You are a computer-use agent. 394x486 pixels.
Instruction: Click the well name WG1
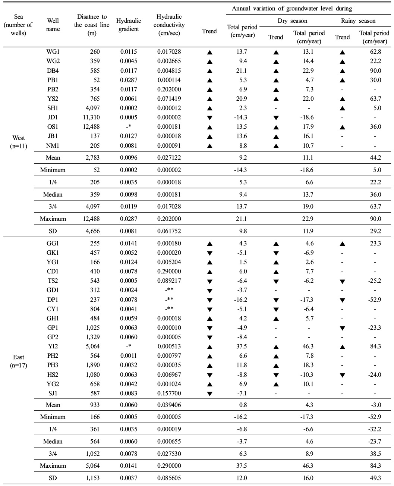point(53,52)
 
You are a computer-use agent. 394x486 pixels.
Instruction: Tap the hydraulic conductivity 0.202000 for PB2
point(169,90)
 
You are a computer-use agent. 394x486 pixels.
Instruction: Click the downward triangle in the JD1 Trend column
point(209,118)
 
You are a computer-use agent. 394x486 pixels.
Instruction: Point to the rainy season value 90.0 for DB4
point(374,71)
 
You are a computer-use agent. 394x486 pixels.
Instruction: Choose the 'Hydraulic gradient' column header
point(129,25)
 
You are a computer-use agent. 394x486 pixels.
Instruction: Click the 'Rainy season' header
point(358,21)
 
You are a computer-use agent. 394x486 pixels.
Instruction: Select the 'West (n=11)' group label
point(19,142)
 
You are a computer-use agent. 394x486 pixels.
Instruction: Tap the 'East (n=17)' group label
point(19,361)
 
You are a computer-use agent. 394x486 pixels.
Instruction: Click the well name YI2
point(53,347)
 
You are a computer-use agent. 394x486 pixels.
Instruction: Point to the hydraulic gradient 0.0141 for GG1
point(129,244)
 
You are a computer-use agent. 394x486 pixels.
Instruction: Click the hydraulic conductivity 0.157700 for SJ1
point(169,393)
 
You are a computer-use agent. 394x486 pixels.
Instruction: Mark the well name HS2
point(53,374)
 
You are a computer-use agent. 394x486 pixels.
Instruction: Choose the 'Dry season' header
point(292,21)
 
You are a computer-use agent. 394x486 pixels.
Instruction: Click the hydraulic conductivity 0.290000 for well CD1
point(169,272)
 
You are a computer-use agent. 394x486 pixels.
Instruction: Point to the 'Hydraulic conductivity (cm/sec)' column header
point(169,25)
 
